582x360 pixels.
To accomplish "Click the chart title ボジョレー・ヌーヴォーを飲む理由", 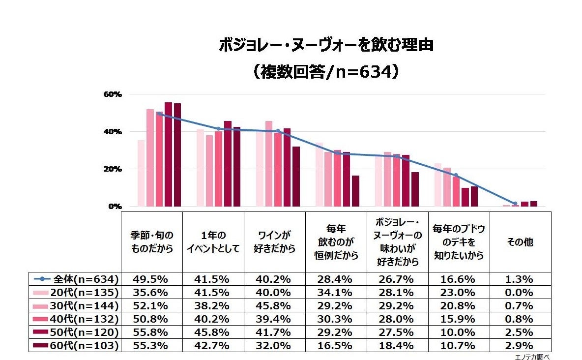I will point(326,45).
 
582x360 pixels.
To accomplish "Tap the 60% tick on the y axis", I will point(112,94).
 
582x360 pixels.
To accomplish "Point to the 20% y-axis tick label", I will point(112,169).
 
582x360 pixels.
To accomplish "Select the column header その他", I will point(520,242).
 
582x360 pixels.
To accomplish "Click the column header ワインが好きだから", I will point(275,242).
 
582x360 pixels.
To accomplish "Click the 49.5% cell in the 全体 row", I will point(151,279).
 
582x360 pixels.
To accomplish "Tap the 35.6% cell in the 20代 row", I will point(151,292).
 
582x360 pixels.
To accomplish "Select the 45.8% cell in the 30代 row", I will point(275,305).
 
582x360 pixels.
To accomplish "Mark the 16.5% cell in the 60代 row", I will point(336,346).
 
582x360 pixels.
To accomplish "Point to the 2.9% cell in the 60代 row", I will point(520,346).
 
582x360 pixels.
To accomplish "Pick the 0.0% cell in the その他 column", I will point(520,292).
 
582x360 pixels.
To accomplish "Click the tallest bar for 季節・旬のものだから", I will point(169,154).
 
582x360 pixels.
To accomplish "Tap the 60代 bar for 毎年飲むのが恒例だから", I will point(355,191).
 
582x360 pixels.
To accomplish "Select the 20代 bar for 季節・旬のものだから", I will point(141,173).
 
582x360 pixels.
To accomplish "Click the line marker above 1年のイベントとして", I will point(218,129).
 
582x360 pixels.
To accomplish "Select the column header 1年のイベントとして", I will point(213,242).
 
